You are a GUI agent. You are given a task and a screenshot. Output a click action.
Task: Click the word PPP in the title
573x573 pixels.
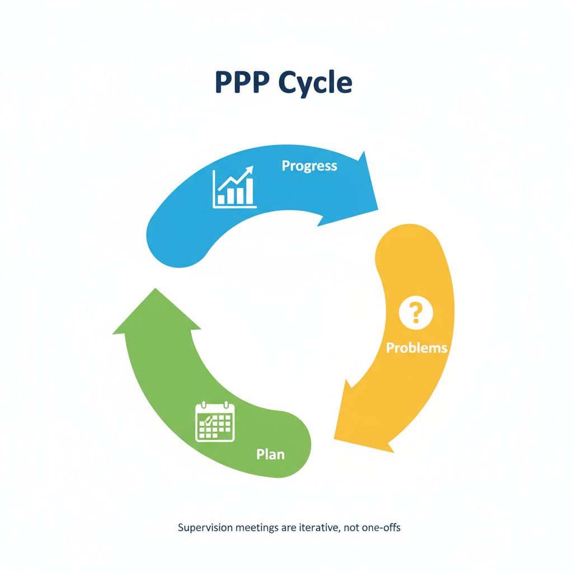[242, 83]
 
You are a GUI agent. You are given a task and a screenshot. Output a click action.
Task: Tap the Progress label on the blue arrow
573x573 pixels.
[309, 166]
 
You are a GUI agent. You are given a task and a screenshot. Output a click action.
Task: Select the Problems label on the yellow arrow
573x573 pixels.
[417, 347]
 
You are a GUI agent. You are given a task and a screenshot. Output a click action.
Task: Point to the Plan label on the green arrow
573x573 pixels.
[270, 454]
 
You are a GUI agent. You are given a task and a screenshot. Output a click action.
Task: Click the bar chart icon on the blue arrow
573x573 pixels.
[234, 187]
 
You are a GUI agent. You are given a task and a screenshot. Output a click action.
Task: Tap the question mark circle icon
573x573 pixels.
[416, 313]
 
